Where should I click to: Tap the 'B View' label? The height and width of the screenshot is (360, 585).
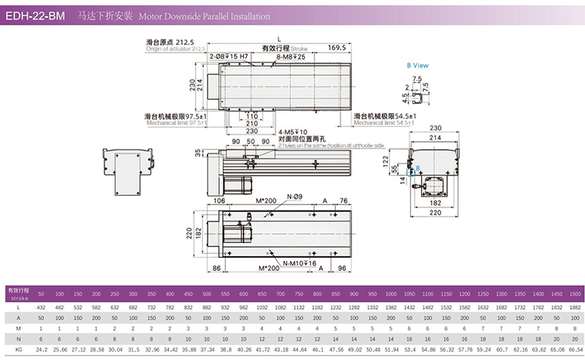[x=417, y=66]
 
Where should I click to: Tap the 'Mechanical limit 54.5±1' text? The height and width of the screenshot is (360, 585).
[x=384, y=123]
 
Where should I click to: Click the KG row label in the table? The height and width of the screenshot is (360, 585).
[x=15, y=349]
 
